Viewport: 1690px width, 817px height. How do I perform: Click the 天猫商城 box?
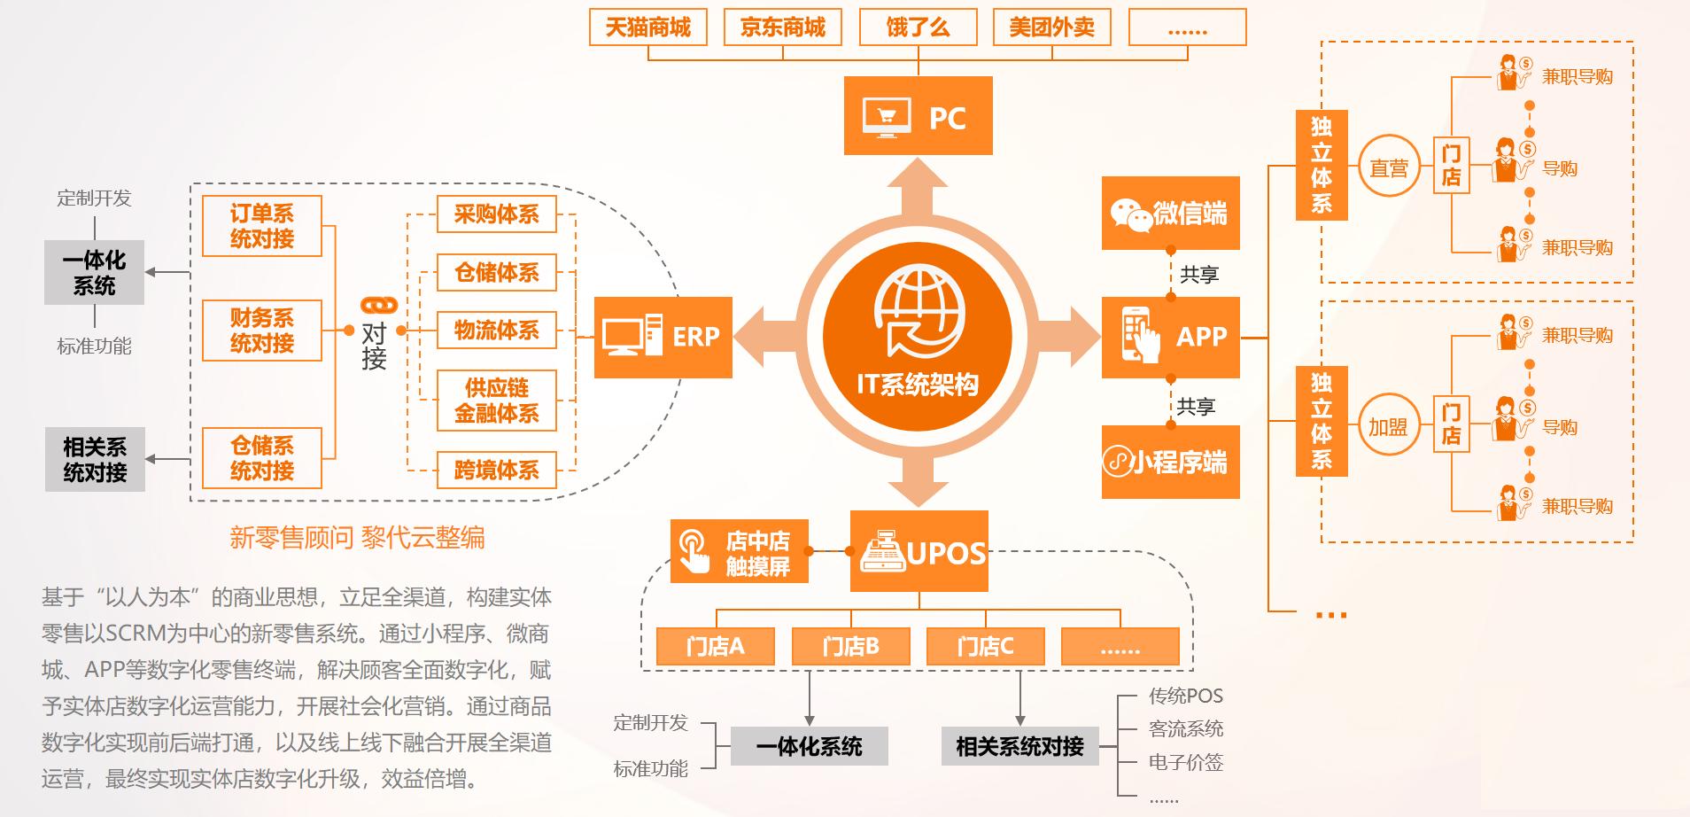[x=647, y=27]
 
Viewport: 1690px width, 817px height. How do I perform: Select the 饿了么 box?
[x=918, y=27]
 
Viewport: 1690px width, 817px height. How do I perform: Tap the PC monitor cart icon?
[x=887, y=117]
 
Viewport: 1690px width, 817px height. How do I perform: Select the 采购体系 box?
[x=496, y=214]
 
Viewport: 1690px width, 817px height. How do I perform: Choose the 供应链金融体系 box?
[x=496, y=401]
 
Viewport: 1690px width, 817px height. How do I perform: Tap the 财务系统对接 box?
[x=261, y=331]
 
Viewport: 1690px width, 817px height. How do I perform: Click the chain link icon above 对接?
[x=379, y=306]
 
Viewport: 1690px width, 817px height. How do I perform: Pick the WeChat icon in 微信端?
[x=1131, y=214]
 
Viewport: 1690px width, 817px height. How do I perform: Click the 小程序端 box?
[x=1170, y=462]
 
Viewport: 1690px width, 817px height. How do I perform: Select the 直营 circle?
[x=1388, y=167]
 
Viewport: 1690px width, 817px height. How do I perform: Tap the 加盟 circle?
[x=1388, y=427]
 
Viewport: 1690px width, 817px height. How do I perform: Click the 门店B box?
[x=850, y=646]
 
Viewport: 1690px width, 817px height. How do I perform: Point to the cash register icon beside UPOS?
[x=882, y=552]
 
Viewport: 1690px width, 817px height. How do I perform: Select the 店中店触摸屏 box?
[x=740, y=552]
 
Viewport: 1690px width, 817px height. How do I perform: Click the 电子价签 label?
[x=1185, y=761]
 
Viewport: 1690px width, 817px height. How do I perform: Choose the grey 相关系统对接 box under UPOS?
[x=1019, y=746]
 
